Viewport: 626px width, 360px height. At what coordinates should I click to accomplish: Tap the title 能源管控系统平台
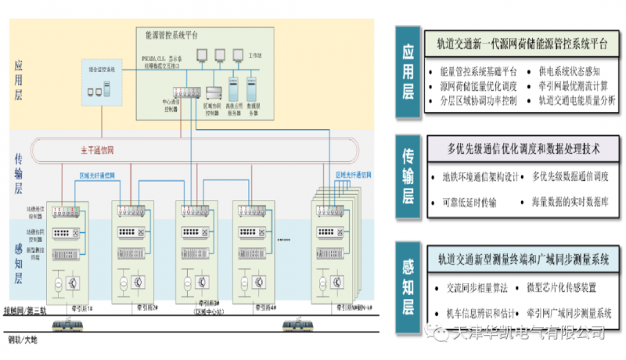[172, 35]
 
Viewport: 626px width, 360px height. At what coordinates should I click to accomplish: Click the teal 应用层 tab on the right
[408, 72]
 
